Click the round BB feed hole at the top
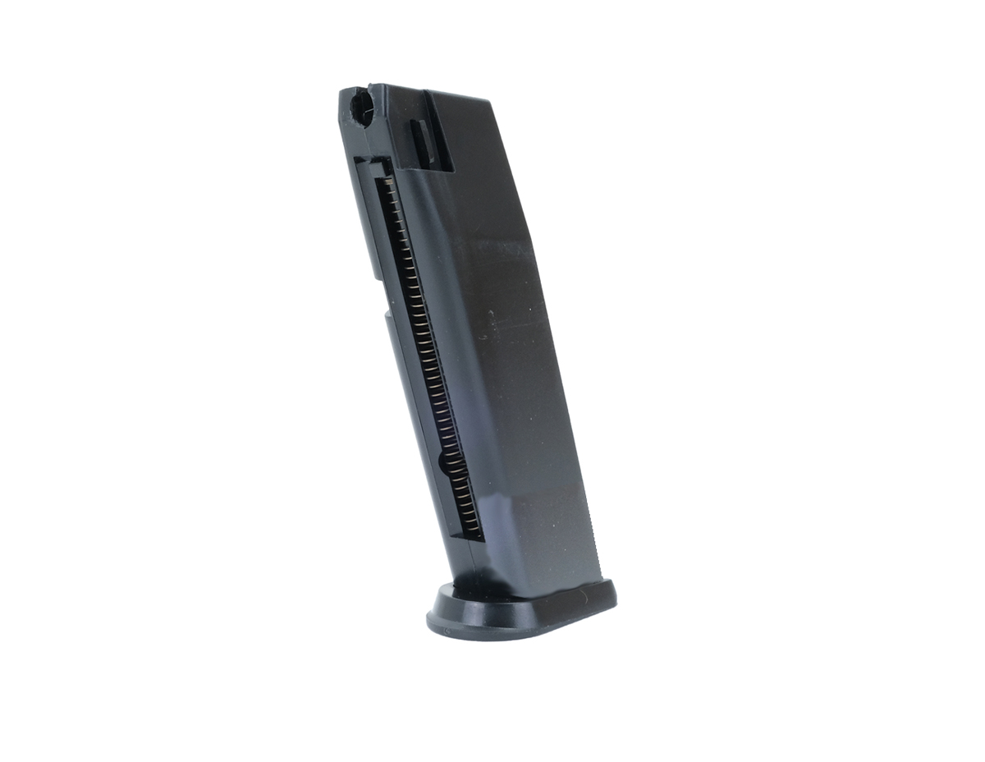(360, 106)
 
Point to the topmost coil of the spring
(383, 181)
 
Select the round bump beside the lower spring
(445, 462)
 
